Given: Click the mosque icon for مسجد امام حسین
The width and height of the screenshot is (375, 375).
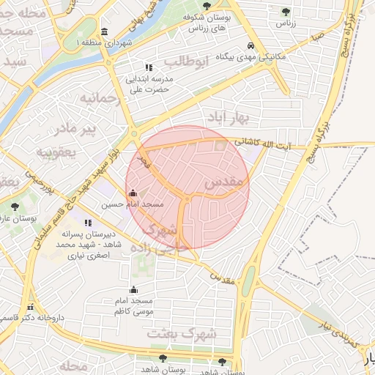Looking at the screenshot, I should tap(133, 193).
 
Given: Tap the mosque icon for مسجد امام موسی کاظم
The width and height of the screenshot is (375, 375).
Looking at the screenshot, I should tap(133, 289).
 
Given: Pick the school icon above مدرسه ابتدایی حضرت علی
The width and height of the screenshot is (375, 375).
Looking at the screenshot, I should tap(149, 67).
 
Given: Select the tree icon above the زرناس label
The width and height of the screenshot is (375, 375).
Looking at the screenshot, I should tap(286, 12).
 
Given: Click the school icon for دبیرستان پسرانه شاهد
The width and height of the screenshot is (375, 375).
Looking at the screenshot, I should tap(88, 223).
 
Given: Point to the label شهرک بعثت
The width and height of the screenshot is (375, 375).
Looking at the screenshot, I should tap(182, 333).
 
